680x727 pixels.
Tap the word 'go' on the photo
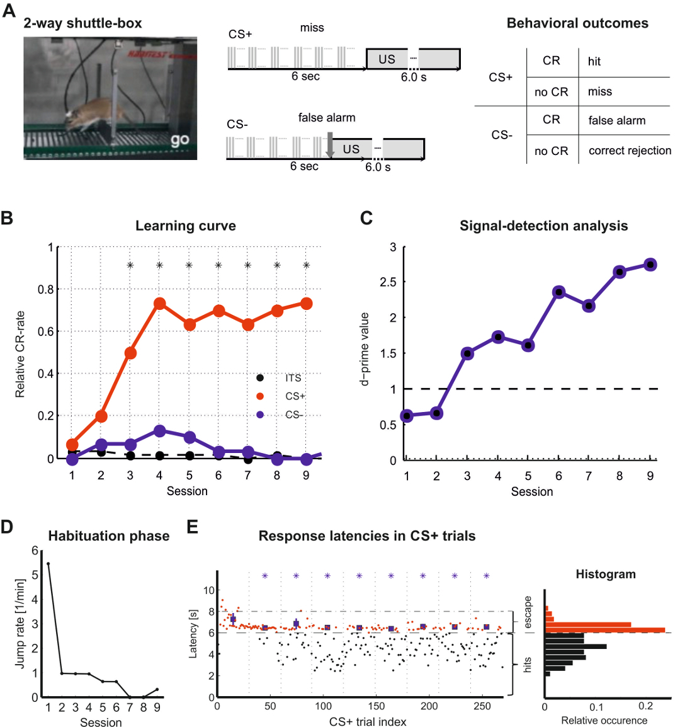click(x=179, y=139)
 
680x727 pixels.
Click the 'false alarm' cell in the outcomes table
click(x=616, y=120)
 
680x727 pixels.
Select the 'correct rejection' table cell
click(x=629, y=151)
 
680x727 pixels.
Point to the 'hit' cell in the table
click(x=594, y=61)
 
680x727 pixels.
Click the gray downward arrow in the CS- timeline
click(x=329, y=145)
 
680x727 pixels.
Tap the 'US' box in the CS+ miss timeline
click(x=387, y=59)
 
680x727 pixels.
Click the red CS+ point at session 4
click(x=159, y=304)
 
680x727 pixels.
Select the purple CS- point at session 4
click(x=159, y=432)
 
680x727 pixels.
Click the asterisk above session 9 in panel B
click(x=307, y=266)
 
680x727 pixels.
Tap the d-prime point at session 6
click(x=558, y=292)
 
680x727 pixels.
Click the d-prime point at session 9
click(x=650, y=265)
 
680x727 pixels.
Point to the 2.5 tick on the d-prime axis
click(x=392, y=282)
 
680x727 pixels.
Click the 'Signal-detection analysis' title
click(x=543, y=226)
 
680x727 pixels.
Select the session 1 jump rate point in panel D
click(x=48, y=564)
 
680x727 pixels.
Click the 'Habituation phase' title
click(x=109, y=536)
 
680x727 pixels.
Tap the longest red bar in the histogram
click(x=604, y=629)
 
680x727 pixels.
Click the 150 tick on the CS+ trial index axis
click(x=377, y=706)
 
